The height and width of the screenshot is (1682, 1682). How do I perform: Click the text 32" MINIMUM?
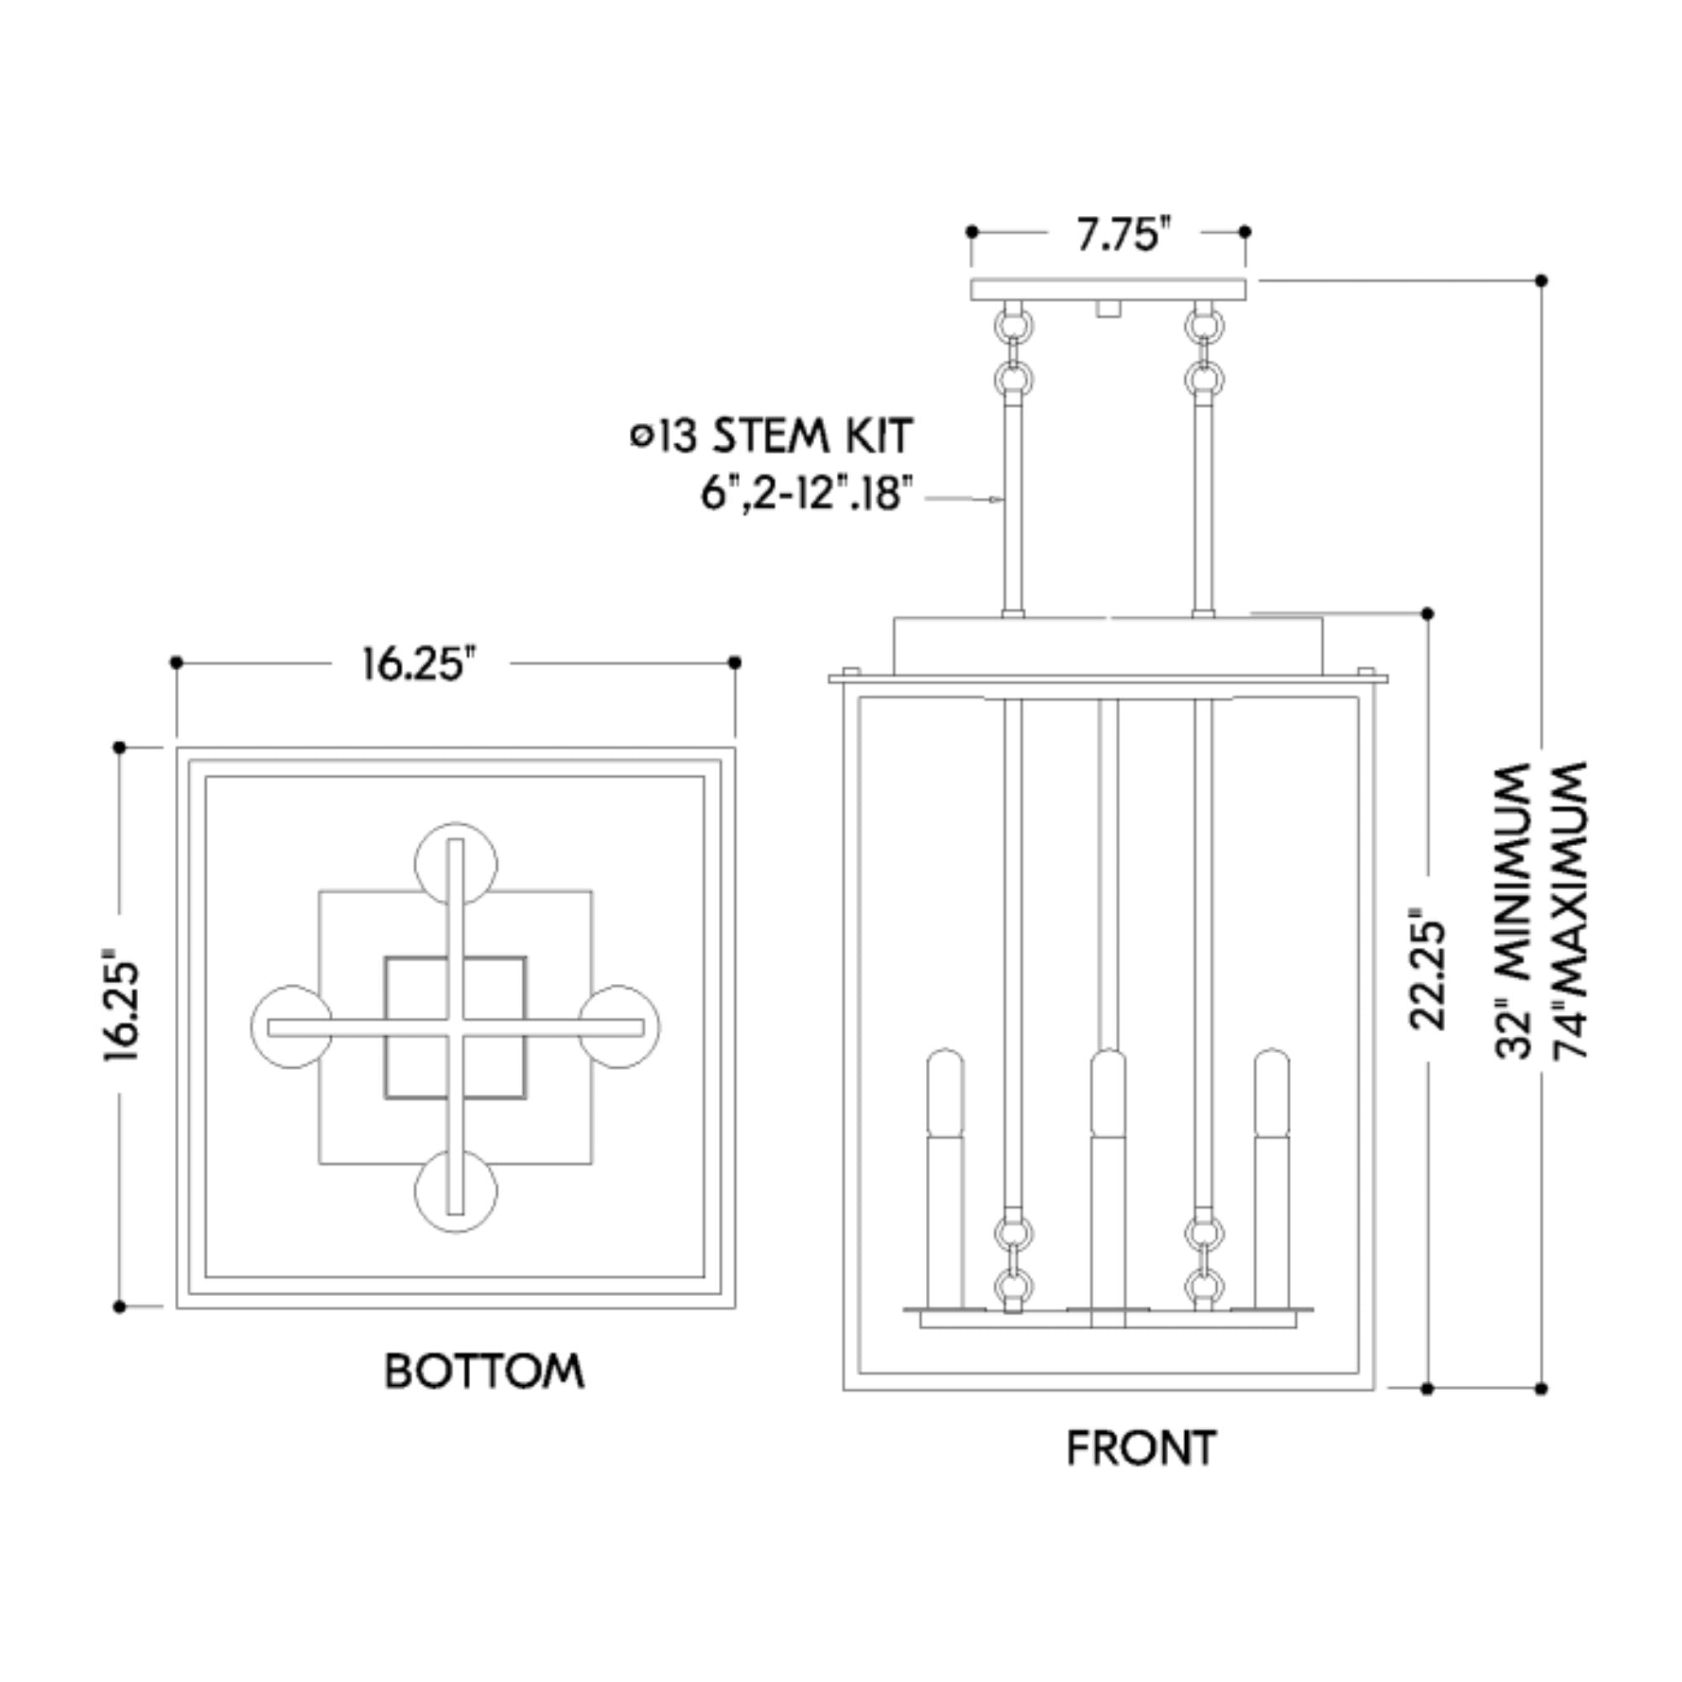click(x=1514, y=911)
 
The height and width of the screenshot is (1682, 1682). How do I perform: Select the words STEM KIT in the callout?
click(x=812, y=436)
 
